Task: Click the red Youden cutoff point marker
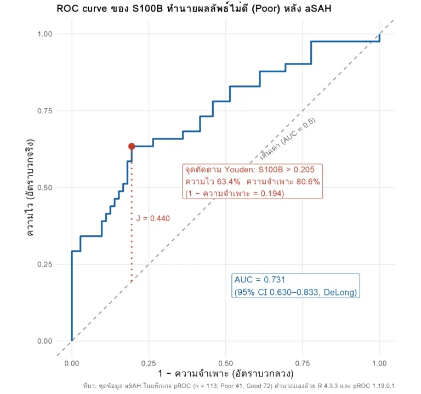(132, 146)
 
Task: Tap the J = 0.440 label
(153, 218)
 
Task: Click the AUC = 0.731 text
(260, 280)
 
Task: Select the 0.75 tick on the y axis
(45, 111)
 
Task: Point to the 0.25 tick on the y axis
(45, 264)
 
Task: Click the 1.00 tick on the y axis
(45, 34)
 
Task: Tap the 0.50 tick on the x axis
(225, 363)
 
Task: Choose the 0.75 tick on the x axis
(303, 363)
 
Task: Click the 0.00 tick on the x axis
(72, 363)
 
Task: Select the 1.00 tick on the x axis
(379, 363)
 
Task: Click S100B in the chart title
(147, 9)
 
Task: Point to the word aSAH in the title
(318, 9)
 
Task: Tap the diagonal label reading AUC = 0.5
(299, 131)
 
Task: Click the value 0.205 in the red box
(304, 170)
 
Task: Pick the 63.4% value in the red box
(229, 182)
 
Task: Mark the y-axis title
(30, 188)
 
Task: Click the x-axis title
(225, 374)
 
